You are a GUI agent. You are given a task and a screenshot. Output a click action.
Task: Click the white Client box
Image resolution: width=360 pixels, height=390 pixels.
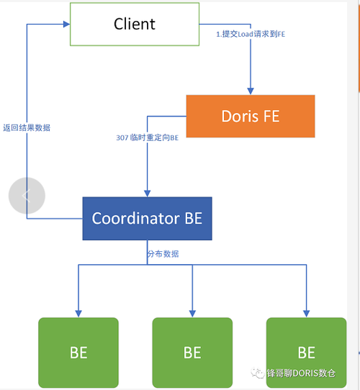click(135, 24)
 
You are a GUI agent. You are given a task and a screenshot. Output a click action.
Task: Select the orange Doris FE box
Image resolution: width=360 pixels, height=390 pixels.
click(251, 116)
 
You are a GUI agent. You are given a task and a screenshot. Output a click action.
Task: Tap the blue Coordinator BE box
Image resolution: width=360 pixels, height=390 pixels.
click(148, 219)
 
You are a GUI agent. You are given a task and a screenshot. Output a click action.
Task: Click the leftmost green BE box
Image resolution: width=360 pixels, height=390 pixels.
click(78, 353)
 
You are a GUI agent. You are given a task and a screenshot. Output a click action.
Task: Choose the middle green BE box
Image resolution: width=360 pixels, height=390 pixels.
click(192, 353)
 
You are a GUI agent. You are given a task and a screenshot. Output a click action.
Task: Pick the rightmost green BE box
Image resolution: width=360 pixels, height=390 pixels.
click(307, 353)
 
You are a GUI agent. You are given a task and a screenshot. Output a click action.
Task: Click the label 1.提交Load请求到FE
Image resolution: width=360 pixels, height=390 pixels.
click(251, 34)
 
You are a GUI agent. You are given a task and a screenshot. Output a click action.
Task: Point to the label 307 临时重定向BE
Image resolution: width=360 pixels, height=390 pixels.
click(148, 137)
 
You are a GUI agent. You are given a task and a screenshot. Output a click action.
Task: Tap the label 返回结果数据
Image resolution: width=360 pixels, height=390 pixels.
click(27, 128)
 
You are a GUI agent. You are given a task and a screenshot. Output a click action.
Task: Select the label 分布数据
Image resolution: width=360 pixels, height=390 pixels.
click(163, 254)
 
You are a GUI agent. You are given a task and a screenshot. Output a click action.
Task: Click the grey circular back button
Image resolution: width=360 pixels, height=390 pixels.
click(27, 196)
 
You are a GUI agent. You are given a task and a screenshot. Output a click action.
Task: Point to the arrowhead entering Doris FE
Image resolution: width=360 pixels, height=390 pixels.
click(251, 91)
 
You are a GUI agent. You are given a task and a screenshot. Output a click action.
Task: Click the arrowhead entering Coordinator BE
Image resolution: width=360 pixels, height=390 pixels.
click(148, 194)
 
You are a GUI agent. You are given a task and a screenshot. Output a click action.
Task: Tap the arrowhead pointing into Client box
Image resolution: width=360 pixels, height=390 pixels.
click(67, 24)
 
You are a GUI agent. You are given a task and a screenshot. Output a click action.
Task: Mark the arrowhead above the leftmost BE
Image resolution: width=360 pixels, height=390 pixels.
click(78, 314)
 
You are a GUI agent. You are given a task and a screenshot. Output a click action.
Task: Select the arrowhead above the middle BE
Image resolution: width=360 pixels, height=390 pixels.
click(192, 314)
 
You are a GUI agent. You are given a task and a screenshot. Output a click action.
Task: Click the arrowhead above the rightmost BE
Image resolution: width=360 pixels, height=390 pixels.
click(307, 314)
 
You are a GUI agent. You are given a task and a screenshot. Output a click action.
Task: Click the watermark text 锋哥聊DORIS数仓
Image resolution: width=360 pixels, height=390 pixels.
click(301, 373)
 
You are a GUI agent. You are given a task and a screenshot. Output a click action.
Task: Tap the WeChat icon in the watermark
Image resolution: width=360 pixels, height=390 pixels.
click(257, 373)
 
